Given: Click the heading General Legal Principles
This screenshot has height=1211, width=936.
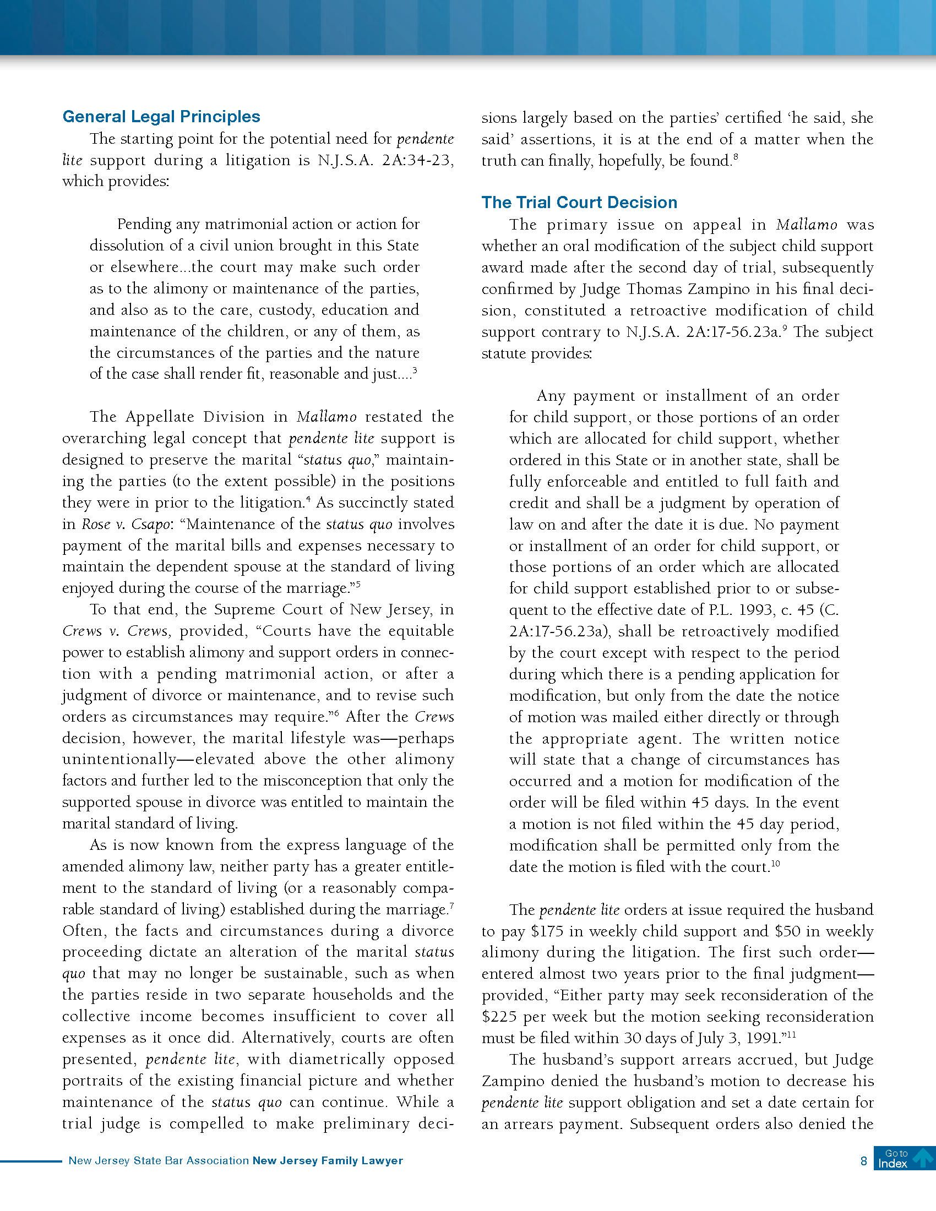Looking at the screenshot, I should click(x=161, y=117).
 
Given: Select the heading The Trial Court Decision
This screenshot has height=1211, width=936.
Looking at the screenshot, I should click(x=579, y=203).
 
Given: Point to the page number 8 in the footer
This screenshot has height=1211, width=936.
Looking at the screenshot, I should click(x=863, y=1161).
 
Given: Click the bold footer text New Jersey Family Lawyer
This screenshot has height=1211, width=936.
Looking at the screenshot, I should click(x=327, y=1160).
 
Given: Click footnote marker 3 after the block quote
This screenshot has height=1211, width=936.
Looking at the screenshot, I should click(x=415, y=370).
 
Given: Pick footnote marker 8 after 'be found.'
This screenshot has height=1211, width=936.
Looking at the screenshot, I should click(x=735, y=157).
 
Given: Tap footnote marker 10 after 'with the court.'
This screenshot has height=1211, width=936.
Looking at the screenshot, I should click(x=775, y=863).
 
